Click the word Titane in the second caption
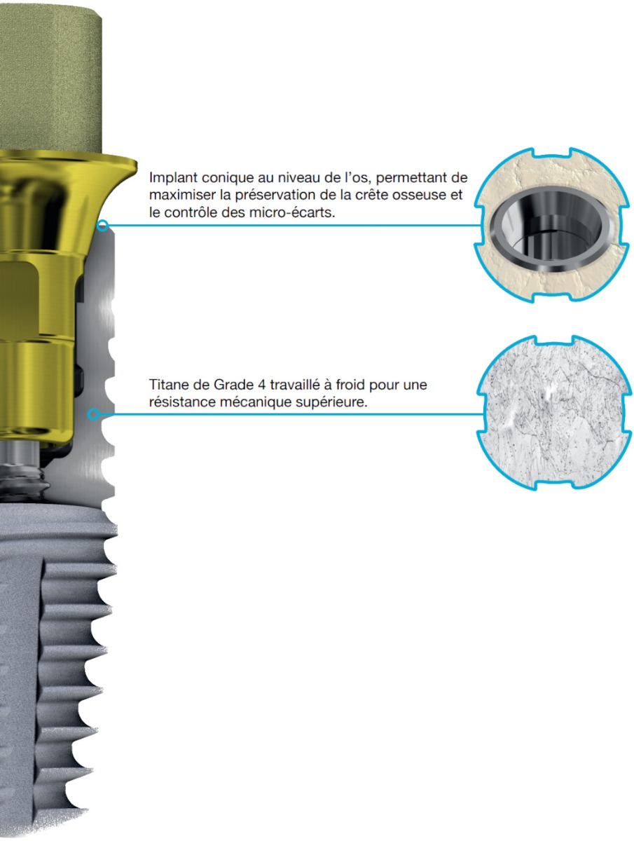[169, 384]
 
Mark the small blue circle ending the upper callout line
[102, 225]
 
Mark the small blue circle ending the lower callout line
[93, 414]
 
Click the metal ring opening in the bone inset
[546, 229]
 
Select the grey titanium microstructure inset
[554, 412]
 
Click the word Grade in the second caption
[233, 384]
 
